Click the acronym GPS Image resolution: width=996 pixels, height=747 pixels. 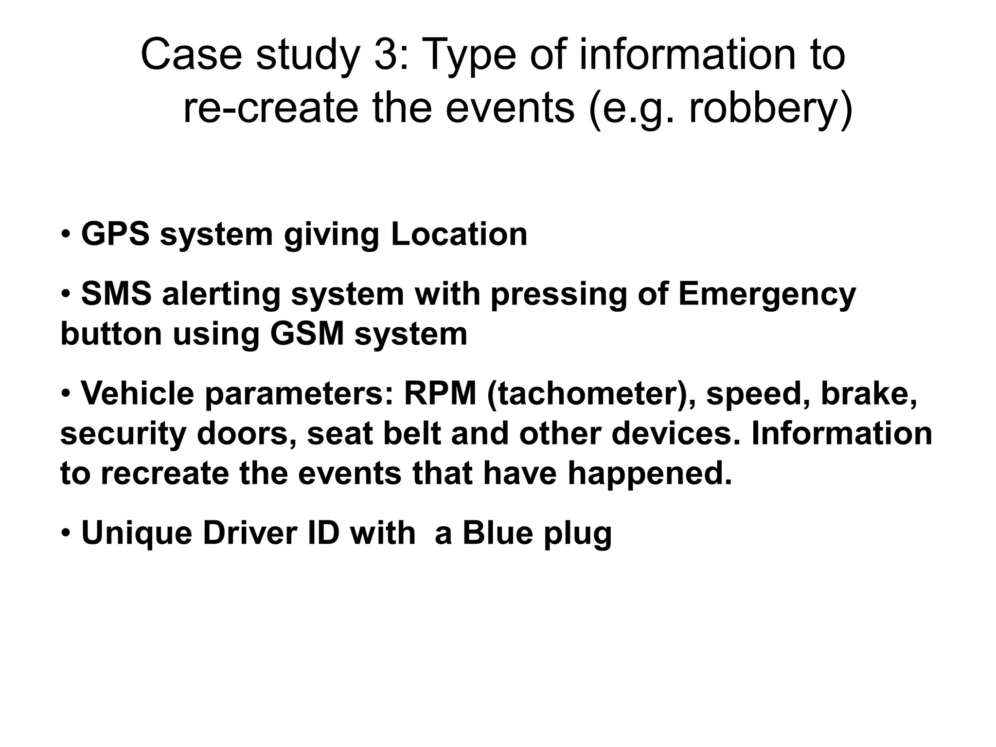click(x=116, y=234)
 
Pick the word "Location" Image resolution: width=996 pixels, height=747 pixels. click(x=459, y=234)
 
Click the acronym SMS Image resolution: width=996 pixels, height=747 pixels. click(x=116, y=294)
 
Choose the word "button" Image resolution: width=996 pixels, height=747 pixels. click(x=111, y=334)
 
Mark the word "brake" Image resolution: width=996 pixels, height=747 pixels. click(x=869, y=393)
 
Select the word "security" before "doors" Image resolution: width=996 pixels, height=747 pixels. click(x=123, y=434)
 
